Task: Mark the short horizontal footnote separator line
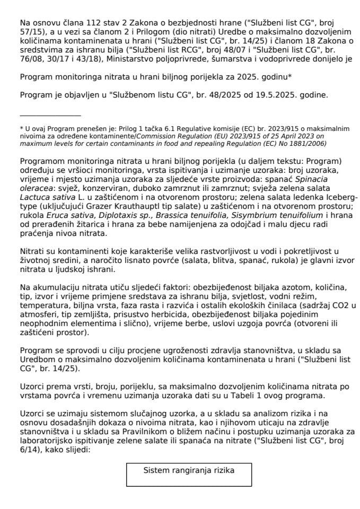(x=50, y=115)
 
